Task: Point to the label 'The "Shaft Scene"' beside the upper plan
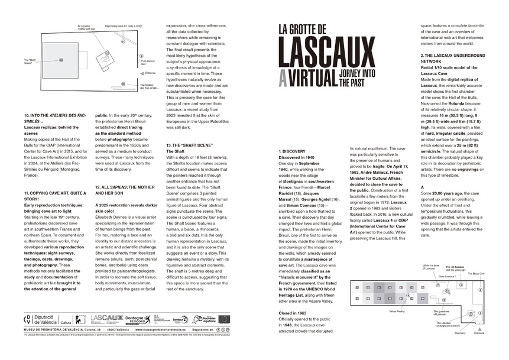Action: click(x=30, y=62)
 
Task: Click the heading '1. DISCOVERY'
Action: click(x=292, y=151)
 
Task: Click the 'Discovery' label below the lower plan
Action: click(x=461, y=332)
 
